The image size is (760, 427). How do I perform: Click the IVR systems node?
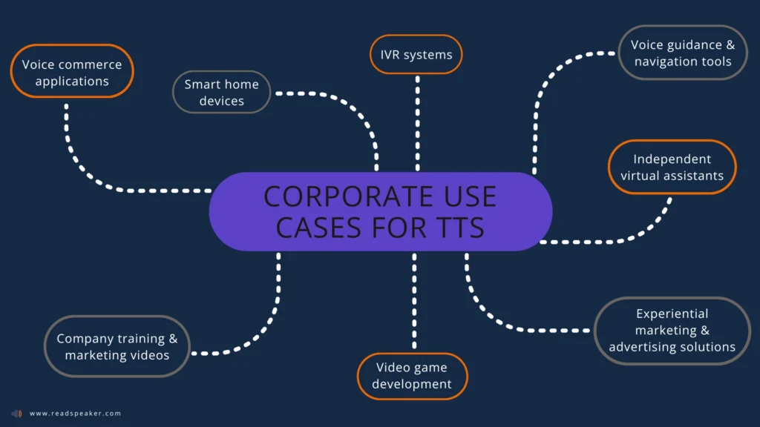(416, 55)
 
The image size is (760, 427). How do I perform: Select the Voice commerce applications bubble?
(72, 72)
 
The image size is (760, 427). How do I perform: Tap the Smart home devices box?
(221, 92)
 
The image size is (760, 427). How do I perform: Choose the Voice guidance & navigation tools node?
(682, 53)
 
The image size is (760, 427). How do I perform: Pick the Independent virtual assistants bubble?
(672, 167)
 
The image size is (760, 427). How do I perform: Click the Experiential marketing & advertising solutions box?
(672, 330)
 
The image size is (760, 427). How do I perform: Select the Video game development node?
(412, 375)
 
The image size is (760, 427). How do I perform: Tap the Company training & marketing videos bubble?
(117, 346)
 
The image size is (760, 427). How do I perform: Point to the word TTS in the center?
(457, 227)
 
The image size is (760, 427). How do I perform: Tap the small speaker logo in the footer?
(16, 413)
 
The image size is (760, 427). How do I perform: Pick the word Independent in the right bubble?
(672, 159)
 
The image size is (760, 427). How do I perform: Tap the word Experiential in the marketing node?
(672, 314)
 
